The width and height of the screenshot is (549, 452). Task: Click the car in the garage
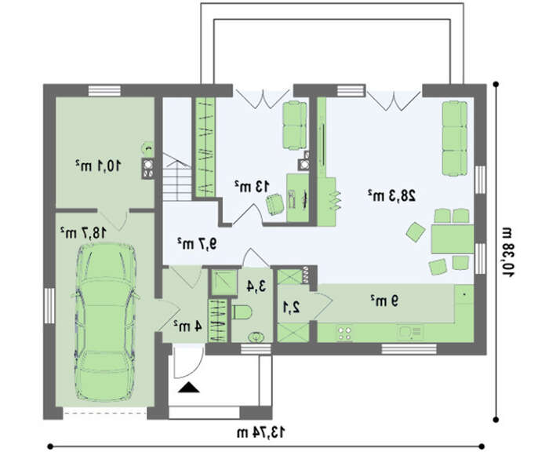(106, 322)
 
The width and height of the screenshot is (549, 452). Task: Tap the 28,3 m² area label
(392, 195)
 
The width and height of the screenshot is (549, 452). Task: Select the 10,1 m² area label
(98, 166)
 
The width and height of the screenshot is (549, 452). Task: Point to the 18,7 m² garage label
(82, 232)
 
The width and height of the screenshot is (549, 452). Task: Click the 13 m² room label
(252, 186)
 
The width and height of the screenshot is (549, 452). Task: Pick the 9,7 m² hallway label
(197, 242)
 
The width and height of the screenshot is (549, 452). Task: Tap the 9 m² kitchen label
(384, 301)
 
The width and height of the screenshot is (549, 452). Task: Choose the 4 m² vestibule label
(187, 326)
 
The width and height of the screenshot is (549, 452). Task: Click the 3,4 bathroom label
(256, 286)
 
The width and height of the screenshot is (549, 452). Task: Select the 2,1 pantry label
(291, 308)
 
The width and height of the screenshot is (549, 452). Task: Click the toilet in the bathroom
(242, 312)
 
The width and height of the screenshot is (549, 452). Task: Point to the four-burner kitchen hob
(344, 334)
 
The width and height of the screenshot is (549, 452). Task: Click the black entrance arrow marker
(189, 387)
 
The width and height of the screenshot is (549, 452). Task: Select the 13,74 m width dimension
(260, 432)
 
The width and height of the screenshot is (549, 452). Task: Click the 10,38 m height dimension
(507, 252)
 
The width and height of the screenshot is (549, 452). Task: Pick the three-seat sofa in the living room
(454, 138)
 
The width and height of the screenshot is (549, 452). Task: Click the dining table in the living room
(453, 239)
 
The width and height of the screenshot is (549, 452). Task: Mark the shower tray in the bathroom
(223, 282)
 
